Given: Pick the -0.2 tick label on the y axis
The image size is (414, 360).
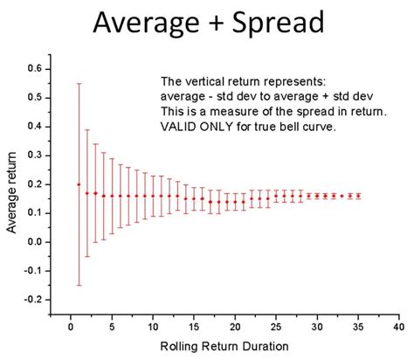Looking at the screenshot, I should (31, 299).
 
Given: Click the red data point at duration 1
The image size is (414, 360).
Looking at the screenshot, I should (79, 184).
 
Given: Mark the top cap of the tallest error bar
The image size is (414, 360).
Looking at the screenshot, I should (79, 83).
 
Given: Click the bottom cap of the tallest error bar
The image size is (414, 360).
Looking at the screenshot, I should (79, 285).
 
